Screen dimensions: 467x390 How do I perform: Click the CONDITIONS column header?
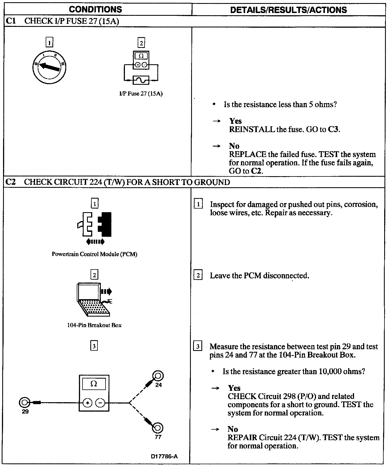[x=95, y=9]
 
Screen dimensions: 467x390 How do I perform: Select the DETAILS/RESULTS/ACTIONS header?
[x=288, y=10]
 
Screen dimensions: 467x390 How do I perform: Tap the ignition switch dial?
[x=49, y=67]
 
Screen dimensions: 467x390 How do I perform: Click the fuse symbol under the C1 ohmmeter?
[x=141, y=80]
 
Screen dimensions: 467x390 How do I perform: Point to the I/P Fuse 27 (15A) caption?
[x=141, y=94]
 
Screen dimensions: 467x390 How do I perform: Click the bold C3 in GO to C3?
[x=333, y=129]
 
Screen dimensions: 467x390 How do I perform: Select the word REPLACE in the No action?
[x=247, y=154]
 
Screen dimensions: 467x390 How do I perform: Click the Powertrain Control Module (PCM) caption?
[x=94, y=254]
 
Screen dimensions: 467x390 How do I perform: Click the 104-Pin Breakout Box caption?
[x=94, y=325]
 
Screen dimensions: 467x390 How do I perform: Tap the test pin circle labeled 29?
[x=24, y=402]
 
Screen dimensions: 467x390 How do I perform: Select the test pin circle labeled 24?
[x=158, y=376]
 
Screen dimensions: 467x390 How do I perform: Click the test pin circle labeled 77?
[x=157, y=428]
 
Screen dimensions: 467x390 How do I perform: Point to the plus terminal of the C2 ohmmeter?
[x=88, y=403]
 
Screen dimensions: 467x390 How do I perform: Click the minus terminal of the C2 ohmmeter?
[x=100, y=403]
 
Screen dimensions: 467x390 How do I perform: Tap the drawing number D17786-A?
[x=164, y=456]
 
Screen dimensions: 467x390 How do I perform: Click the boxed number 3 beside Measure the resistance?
[x=197, y=347]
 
